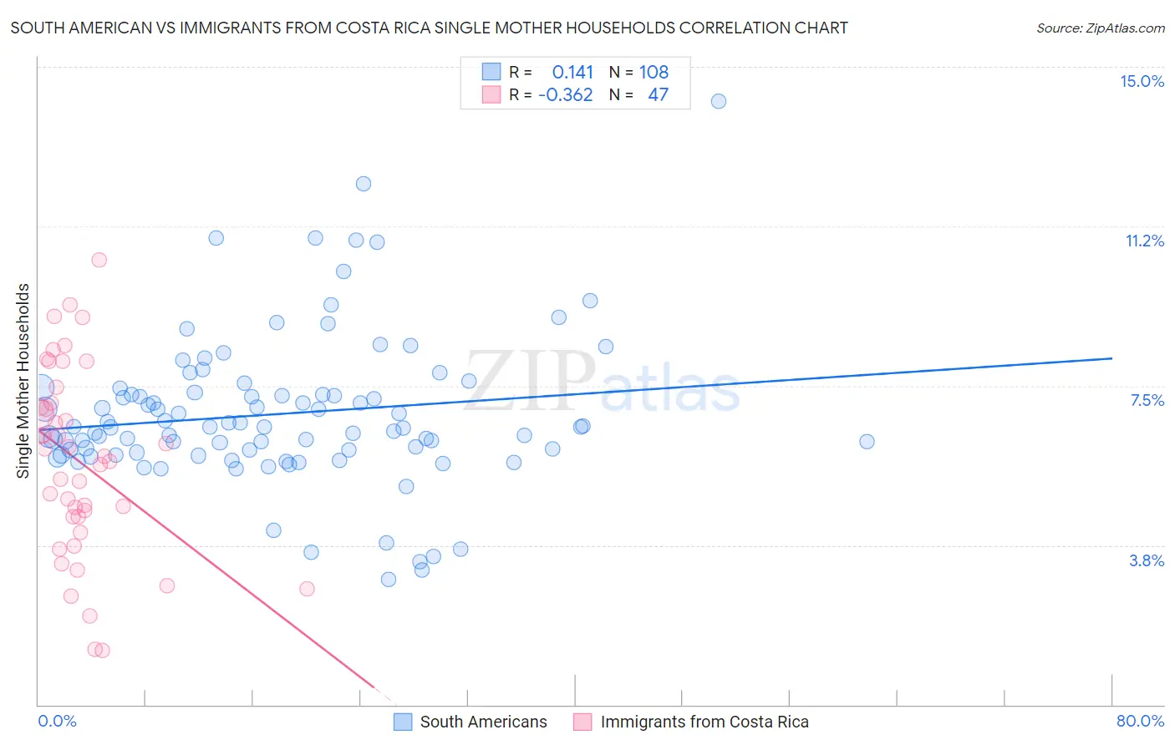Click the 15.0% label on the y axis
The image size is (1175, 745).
(x=1142, y=81)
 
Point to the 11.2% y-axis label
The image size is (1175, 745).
(x=1144, y=241)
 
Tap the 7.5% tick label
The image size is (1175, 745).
(x=1147, y=400)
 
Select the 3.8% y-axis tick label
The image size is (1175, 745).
(x=1147, y=560)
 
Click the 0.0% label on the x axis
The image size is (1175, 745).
(x=57, y=721)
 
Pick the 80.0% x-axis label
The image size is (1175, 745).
(x=1140, y=721)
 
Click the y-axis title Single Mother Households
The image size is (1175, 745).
(x=23, y=381)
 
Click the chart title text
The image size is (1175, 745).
(x=429, y=28)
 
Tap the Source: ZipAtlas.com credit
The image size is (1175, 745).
(x=1100, y=28)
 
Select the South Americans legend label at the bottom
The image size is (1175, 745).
(x=483, y=722)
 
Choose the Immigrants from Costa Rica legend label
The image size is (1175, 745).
(x=704, y=722)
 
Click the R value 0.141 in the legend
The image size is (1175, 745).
(x=572, y=73)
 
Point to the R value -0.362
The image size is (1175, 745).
(x=566, y=95)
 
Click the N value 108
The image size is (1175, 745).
(x=654, y=73)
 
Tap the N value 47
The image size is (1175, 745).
(x=658, y=95)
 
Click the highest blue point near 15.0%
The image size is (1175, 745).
(x=718, y=101)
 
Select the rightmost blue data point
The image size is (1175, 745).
(x=867, y=441)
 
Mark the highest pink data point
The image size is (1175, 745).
(x=99, y=260)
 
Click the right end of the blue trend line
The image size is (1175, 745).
(x=1111, y=357)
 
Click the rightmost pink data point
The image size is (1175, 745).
(x=307, y=589)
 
